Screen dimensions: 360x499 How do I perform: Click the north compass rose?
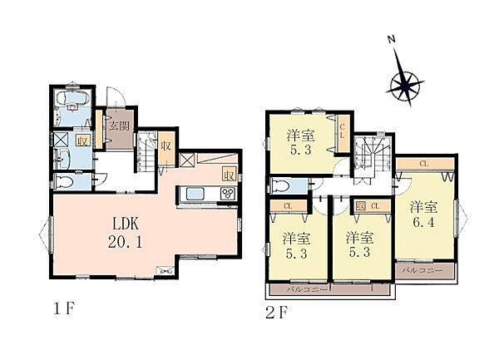405,82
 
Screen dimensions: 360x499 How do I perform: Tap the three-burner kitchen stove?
226,195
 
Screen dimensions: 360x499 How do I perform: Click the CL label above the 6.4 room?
424,163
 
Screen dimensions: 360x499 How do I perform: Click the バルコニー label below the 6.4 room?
422,271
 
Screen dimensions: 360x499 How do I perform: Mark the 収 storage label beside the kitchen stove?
227,175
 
